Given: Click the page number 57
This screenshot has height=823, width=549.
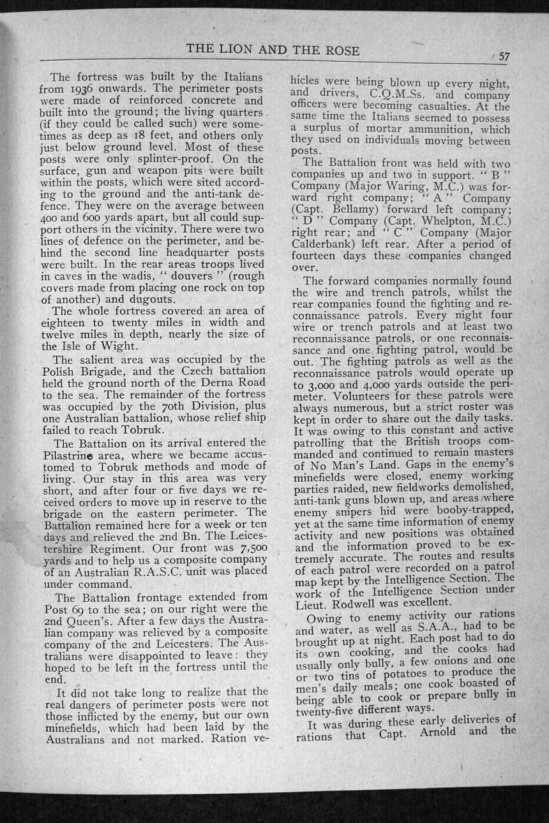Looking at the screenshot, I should pos(504,56).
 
